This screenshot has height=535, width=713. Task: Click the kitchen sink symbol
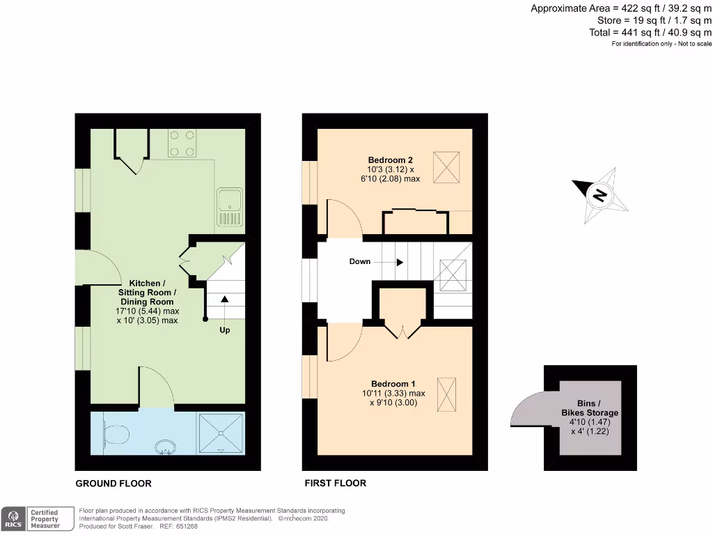pos(229,208)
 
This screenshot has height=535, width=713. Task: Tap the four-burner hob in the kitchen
pos(181,144)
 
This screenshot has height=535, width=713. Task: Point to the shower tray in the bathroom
pos(221,434)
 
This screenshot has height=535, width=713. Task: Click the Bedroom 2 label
pos(390,160)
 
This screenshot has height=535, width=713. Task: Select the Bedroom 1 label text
pos(393,384)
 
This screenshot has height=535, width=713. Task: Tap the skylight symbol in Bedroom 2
pos(446,166)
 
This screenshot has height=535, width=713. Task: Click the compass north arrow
pos(600,195)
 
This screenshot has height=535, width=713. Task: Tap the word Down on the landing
pos(360,262)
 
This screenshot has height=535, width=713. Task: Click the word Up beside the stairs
pos(225,330)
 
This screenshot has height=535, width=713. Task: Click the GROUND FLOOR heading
pos(113,483)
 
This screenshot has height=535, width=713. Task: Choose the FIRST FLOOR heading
pos(335,483)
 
